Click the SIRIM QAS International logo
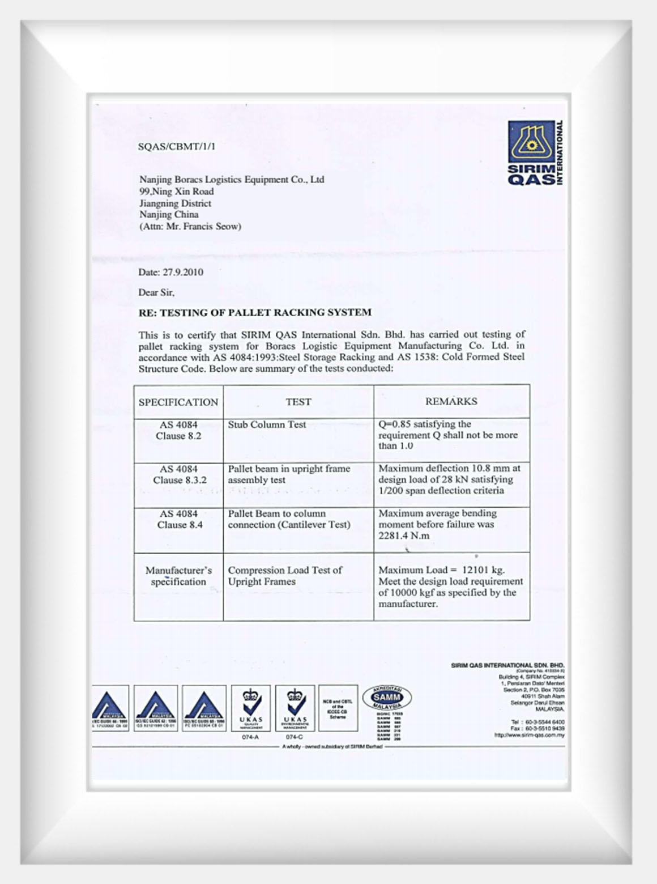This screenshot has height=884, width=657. tap(535, 153)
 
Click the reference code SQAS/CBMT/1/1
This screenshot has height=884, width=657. tap(177, 146)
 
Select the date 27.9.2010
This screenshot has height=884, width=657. tap(183, 272)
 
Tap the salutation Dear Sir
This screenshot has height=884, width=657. tap(156, 292)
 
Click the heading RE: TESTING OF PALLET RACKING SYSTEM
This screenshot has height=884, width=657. tap(255, 312)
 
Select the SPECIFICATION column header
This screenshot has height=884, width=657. tap(178, 402)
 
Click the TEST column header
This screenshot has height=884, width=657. tap(298, 402)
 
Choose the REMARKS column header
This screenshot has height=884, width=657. tap(451, 401)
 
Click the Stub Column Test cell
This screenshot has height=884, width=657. tap(267, 424)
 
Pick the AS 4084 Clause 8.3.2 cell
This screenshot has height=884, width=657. tap(179, 474)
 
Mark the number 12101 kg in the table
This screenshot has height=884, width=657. tap(483, 570)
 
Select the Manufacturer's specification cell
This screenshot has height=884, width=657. tap(178, 576)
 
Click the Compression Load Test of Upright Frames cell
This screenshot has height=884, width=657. tap(285, 576)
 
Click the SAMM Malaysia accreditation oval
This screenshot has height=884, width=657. tap(387, 698)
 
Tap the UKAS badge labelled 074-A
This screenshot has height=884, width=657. tap(251, 708)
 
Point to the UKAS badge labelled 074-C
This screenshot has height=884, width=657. tap(295, 708)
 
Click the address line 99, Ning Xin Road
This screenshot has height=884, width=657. tap(177, 192)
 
